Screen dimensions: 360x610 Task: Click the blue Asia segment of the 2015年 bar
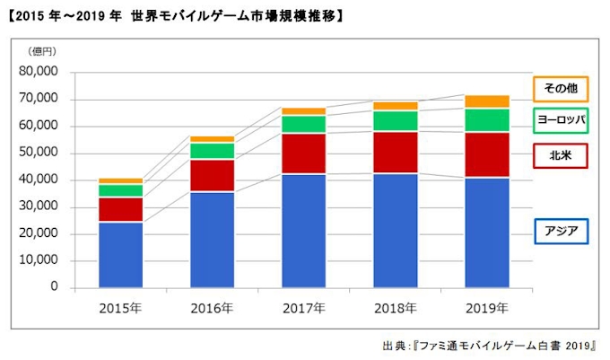pos(120,254)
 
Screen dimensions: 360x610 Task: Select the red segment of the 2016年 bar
pos(213,175)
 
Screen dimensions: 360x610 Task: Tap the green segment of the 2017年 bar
pos(304,124)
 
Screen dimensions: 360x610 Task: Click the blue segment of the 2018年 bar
pos(396,230)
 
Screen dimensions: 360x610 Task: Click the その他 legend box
pos(561,89)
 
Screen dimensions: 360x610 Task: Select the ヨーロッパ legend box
pos(561,120)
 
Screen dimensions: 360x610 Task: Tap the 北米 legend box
pos(561,156)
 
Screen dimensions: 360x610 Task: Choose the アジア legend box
pos(561,232)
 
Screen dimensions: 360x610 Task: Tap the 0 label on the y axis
pos(54,287)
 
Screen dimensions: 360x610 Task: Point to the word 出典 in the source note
pos(394,345)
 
